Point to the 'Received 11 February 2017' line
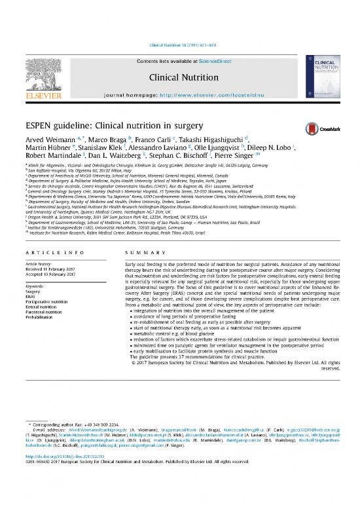(56, 269)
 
